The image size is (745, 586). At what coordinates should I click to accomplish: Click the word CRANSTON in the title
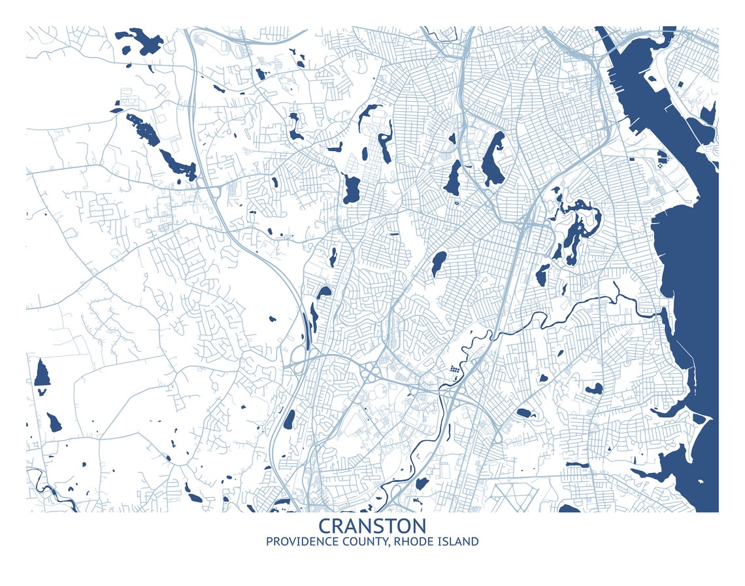[372, 526]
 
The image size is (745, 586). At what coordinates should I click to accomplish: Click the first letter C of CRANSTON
[325, 526]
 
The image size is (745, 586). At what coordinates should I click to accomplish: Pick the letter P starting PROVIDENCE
[269, 542]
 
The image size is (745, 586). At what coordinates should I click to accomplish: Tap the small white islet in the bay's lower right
[701, 482]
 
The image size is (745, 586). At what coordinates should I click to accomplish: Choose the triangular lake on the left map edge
[42, 373]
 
